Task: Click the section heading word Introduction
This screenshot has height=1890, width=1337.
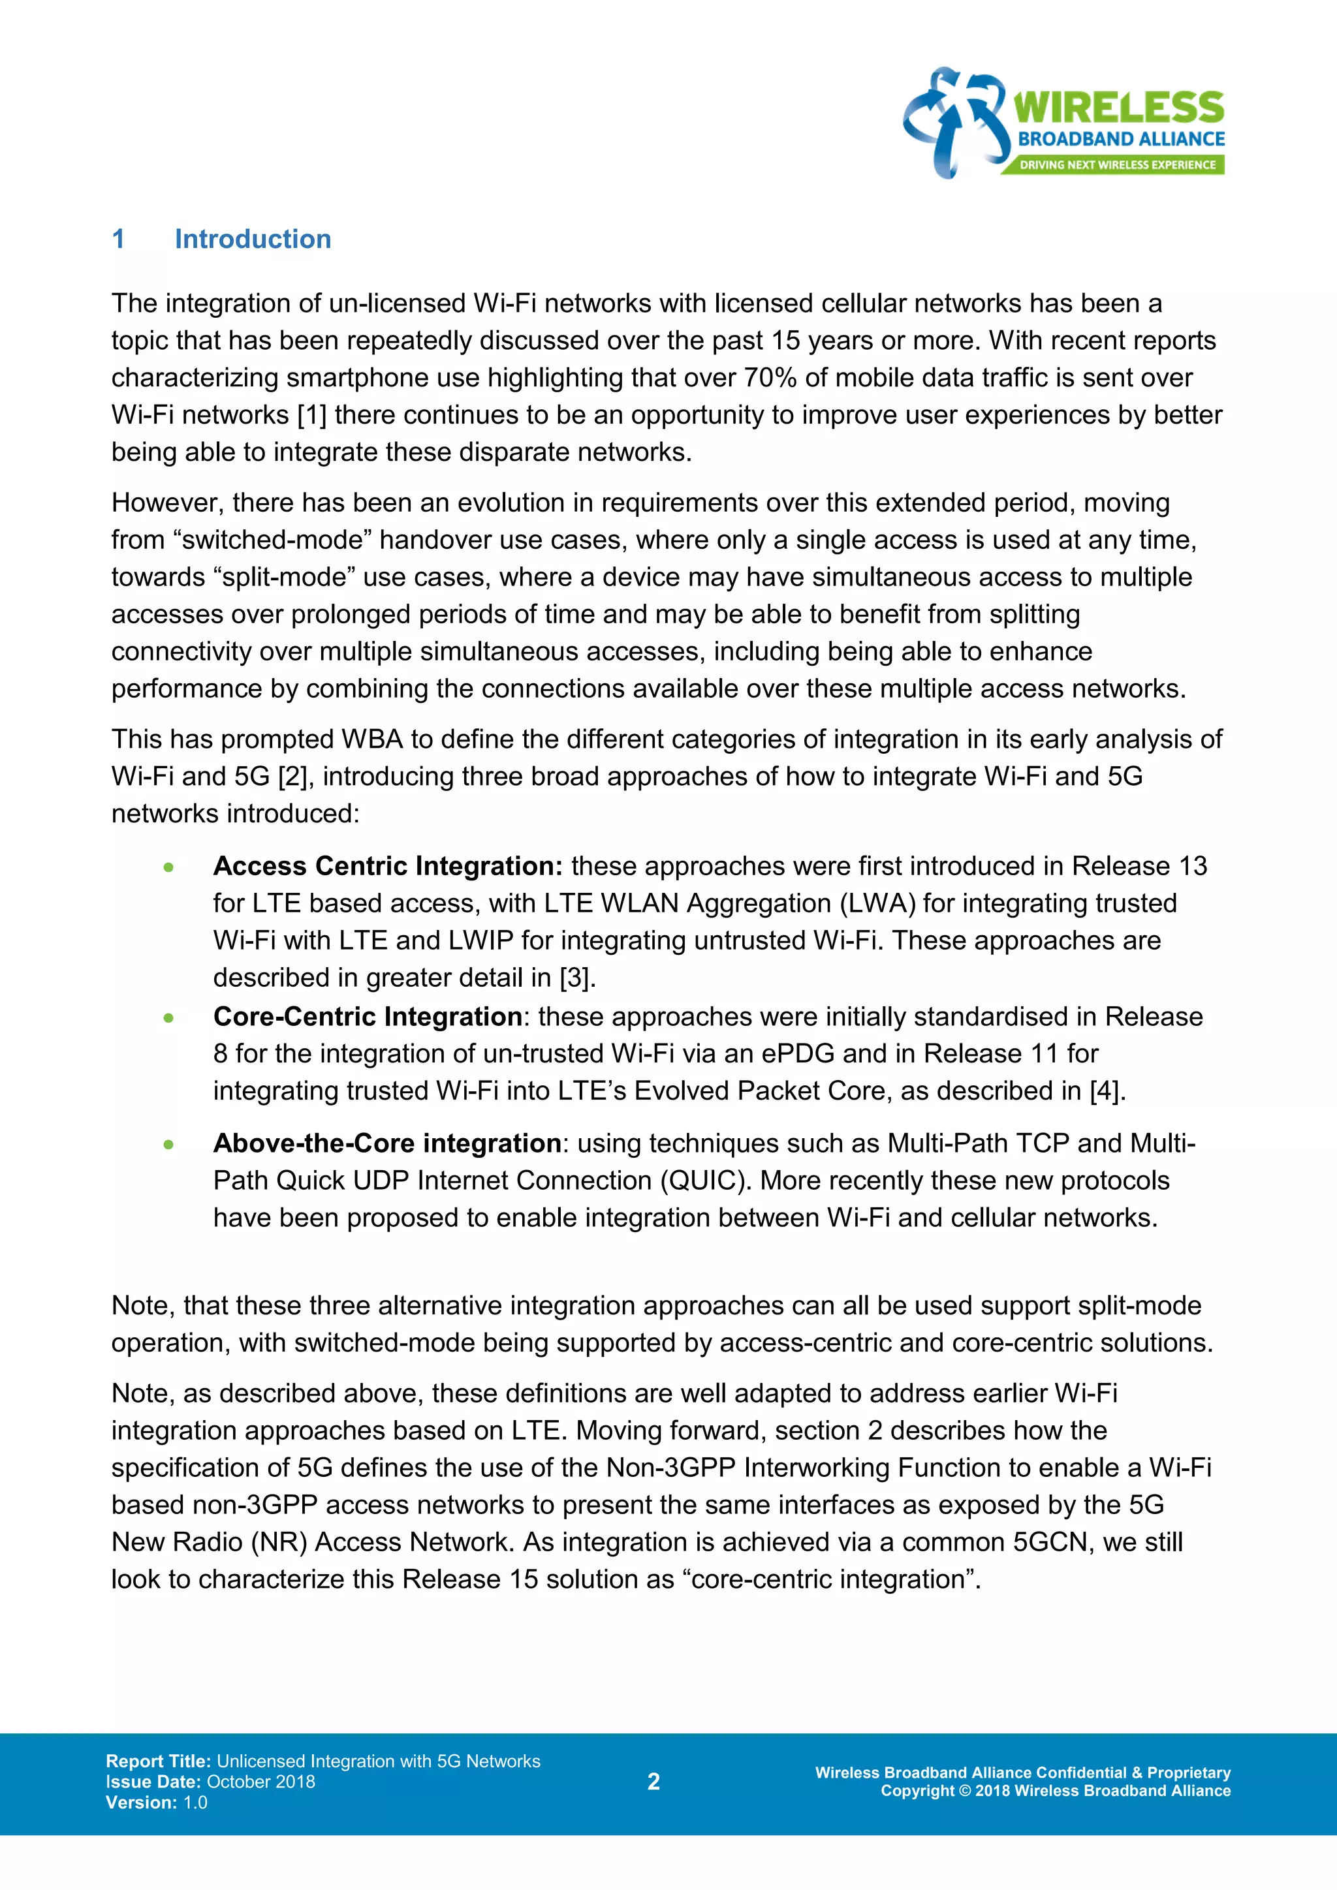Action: pos(253,239)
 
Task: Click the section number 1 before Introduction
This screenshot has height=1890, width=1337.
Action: pos(119,239)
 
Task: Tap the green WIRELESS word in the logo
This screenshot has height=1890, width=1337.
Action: pos(1118,108)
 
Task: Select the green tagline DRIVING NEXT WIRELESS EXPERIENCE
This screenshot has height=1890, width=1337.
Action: pos(1117,164)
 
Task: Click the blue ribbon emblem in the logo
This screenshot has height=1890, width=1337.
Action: pos(955,122)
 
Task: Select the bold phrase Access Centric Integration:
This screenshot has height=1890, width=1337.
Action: pos(388,866)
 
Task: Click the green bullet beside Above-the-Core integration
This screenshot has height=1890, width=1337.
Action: pos(169,1144)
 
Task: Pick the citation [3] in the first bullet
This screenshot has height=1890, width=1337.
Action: pos(577,978)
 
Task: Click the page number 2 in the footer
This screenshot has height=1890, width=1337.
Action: pos(653,1782)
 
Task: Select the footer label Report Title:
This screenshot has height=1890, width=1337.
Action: pos(159,1761)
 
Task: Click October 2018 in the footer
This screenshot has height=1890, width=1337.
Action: pos(261,1782)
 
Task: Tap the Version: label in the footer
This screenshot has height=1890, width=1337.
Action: pos(142,1802)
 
